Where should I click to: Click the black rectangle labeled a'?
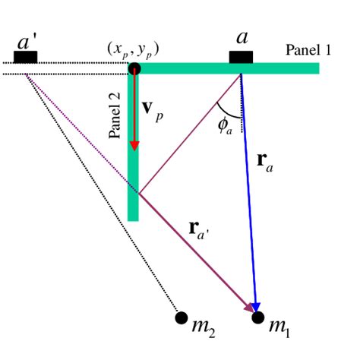pos(26,58)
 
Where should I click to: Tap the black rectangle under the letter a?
pos(242,58)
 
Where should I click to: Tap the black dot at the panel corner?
pos(134,69)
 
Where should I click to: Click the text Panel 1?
pos(308,50)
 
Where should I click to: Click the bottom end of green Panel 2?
pos(134,216)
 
